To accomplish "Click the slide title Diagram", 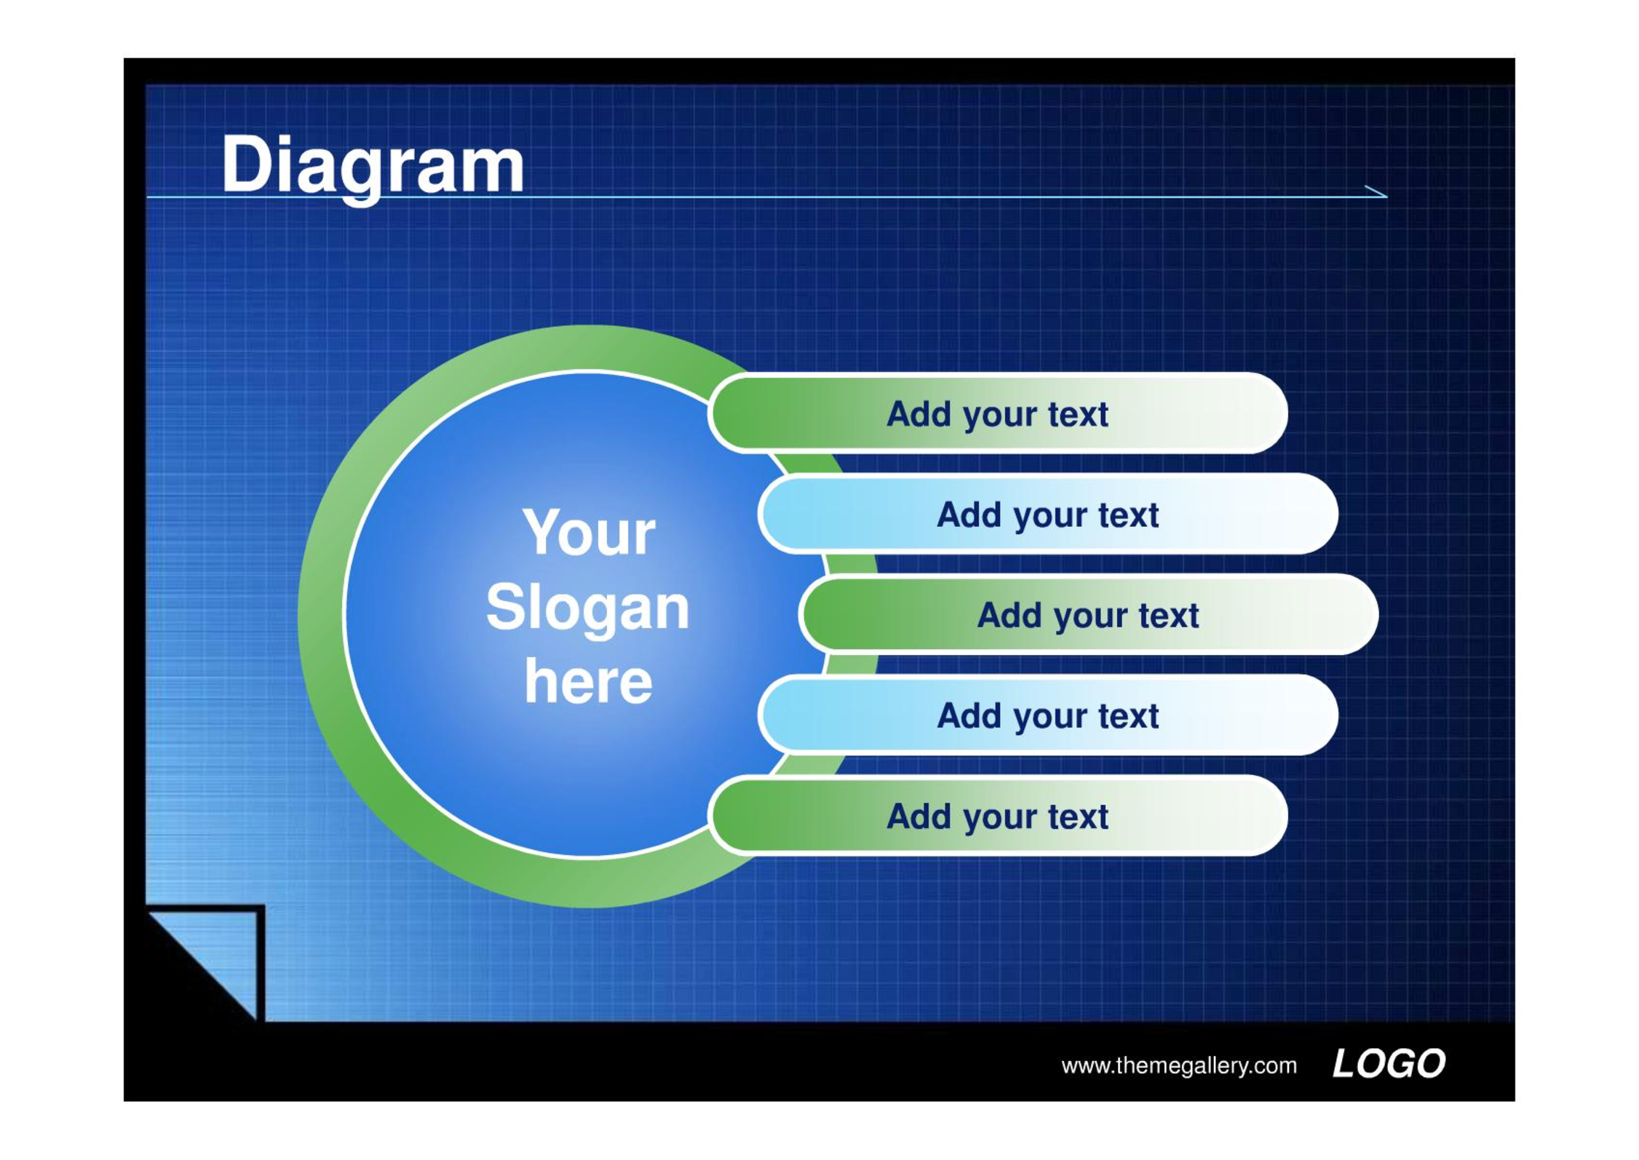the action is (373, 167).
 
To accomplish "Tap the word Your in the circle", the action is (589, 533).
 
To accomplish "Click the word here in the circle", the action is (588, 682).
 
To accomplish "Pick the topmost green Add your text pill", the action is (998, 413).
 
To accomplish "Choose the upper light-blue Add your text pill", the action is (1048, 514).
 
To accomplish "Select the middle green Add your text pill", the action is (1089, 614).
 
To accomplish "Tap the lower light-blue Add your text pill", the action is (1048, 715).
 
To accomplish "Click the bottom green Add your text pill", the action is (998, 815).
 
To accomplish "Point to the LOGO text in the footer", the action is (1389, 1064).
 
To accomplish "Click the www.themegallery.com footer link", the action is (1179, 1066).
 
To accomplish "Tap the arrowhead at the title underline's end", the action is (1377, 191).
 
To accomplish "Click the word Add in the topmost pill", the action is (919, 414).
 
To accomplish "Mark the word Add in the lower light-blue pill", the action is (969, 715).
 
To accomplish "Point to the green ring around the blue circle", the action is (321, 616).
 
